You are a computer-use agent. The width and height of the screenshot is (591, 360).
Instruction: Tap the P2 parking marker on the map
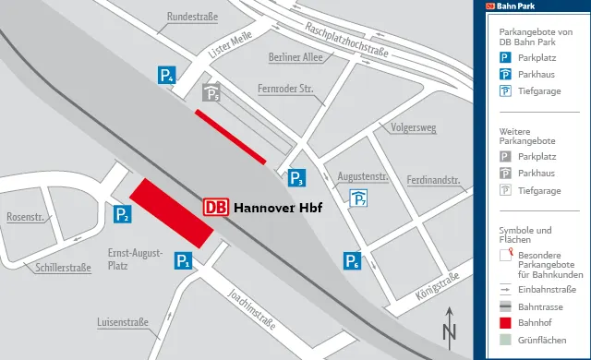click(x=122, y=215)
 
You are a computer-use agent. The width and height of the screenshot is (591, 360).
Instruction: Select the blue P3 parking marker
click(x=296, y=177)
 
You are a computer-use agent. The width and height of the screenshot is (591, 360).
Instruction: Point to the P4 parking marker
click(x=167, y=77)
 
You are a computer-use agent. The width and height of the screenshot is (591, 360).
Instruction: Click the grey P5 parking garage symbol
click(x=211, y=93)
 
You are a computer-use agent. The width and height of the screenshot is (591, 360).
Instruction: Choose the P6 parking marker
click(x=352, y=261)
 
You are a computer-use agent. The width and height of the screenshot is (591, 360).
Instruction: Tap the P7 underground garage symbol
click(x=358, y=198)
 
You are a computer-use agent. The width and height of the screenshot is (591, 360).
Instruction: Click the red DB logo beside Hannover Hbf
click(x=215, y=208)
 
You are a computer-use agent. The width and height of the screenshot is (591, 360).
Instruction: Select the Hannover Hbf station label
click(x=277, y=208)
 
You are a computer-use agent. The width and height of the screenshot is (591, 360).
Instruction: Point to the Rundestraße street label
click(x=191, y=18)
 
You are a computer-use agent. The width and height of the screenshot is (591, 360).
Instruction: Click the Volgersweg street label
click(x=413, y=127)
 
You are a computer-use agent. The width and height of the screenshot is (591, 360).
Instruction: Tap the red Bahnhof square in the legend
click(x=506, y=323)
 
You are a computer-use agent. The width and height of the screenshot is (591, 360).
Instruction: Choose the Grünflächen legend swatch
click(x=506, y=341)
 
